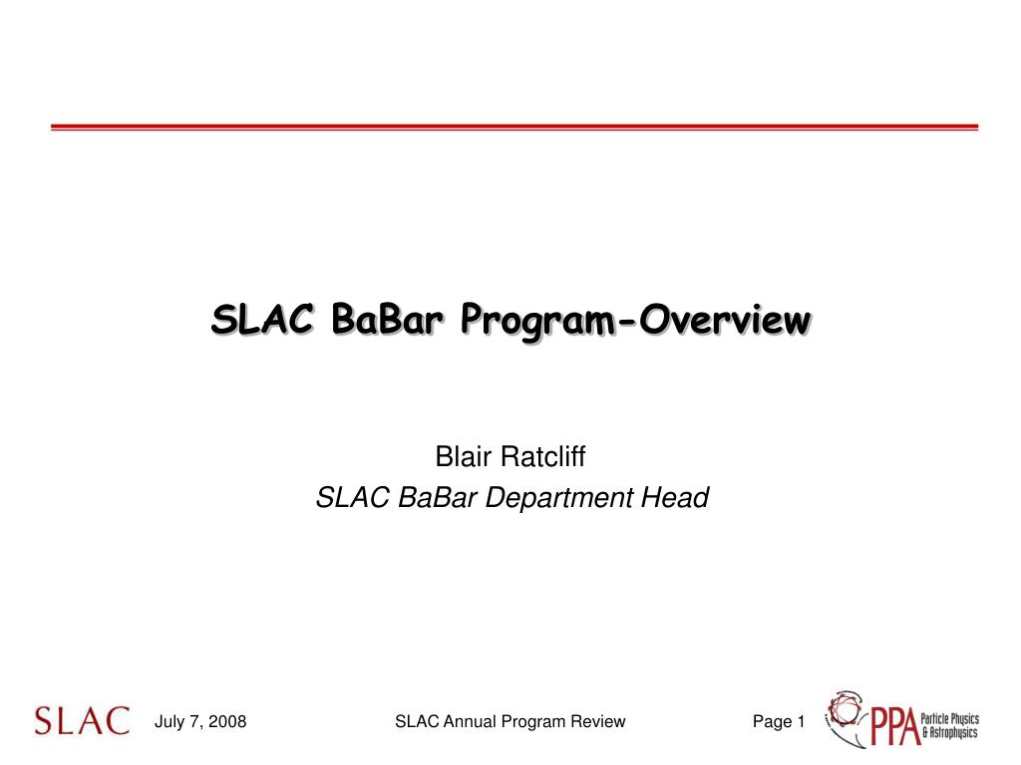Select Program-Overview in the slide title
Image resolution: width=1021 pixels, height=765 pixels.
coord(634,321)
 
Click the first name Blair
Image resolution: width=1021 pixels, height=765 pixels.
coord(464,458)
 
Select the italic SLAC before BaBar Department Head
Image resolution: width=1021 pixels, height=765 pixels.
coord(353,497)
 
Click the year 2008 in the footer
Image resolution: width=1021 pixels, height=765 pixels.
coord(226,722)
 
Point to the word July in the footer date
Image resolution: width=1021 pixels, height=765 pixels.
coord(170,722)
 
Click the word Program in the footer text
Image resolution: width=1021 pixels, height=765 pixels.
coord(533,722)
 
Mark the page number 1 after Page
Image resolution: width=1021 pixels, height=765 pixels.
coord(800,722)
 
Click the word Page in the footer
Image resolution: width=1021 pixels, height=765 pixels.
coord(772,722)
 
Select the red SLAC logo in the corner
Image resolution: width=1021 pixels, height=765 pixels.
coord(82,721)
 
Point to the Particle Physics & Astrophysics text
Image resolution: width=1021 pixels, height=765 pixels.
coord(949,725)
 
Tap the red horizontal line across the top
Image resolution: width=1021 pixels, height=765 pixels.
coord(514,127)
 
